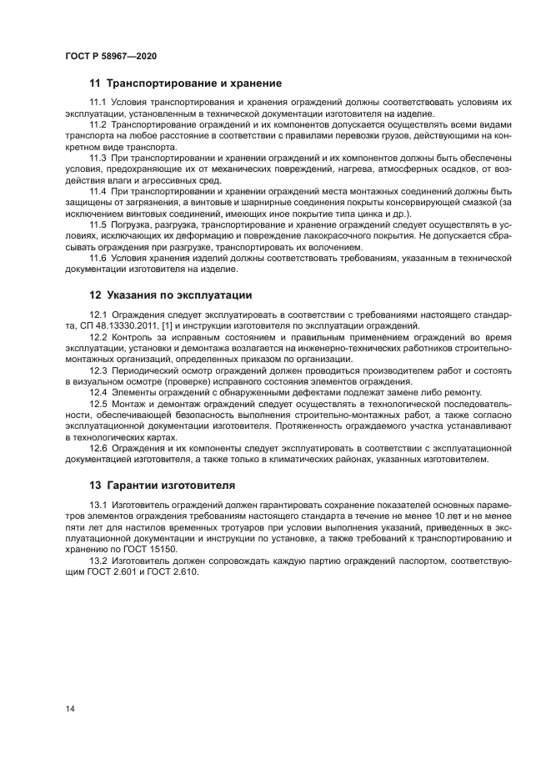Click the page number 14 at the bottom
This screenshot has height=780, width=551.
coord(70,708)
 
